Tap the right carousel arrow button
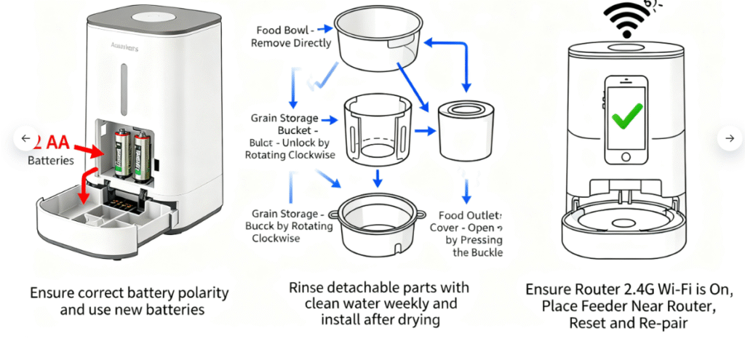coord(729,138)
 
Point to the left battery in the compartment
coord(122,153)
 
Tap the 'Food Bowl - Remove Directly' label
coord(291,36)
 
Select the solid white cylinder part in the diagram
coord(466,130)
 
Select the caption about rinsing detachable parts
coord(378,303)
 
